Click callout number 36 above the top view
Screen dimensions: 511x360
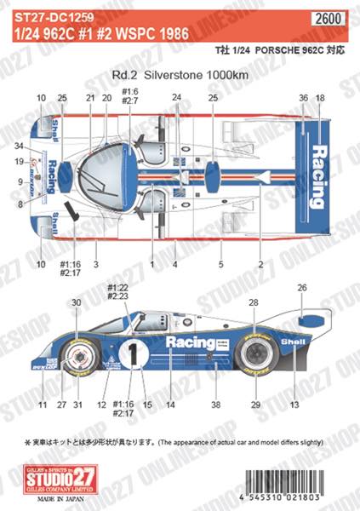[x=304, y=100]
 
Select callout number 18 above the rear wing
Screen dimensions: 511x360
[x=320, y=100]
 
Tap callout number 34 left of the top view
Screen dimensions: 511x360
[x=17, y=145]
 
